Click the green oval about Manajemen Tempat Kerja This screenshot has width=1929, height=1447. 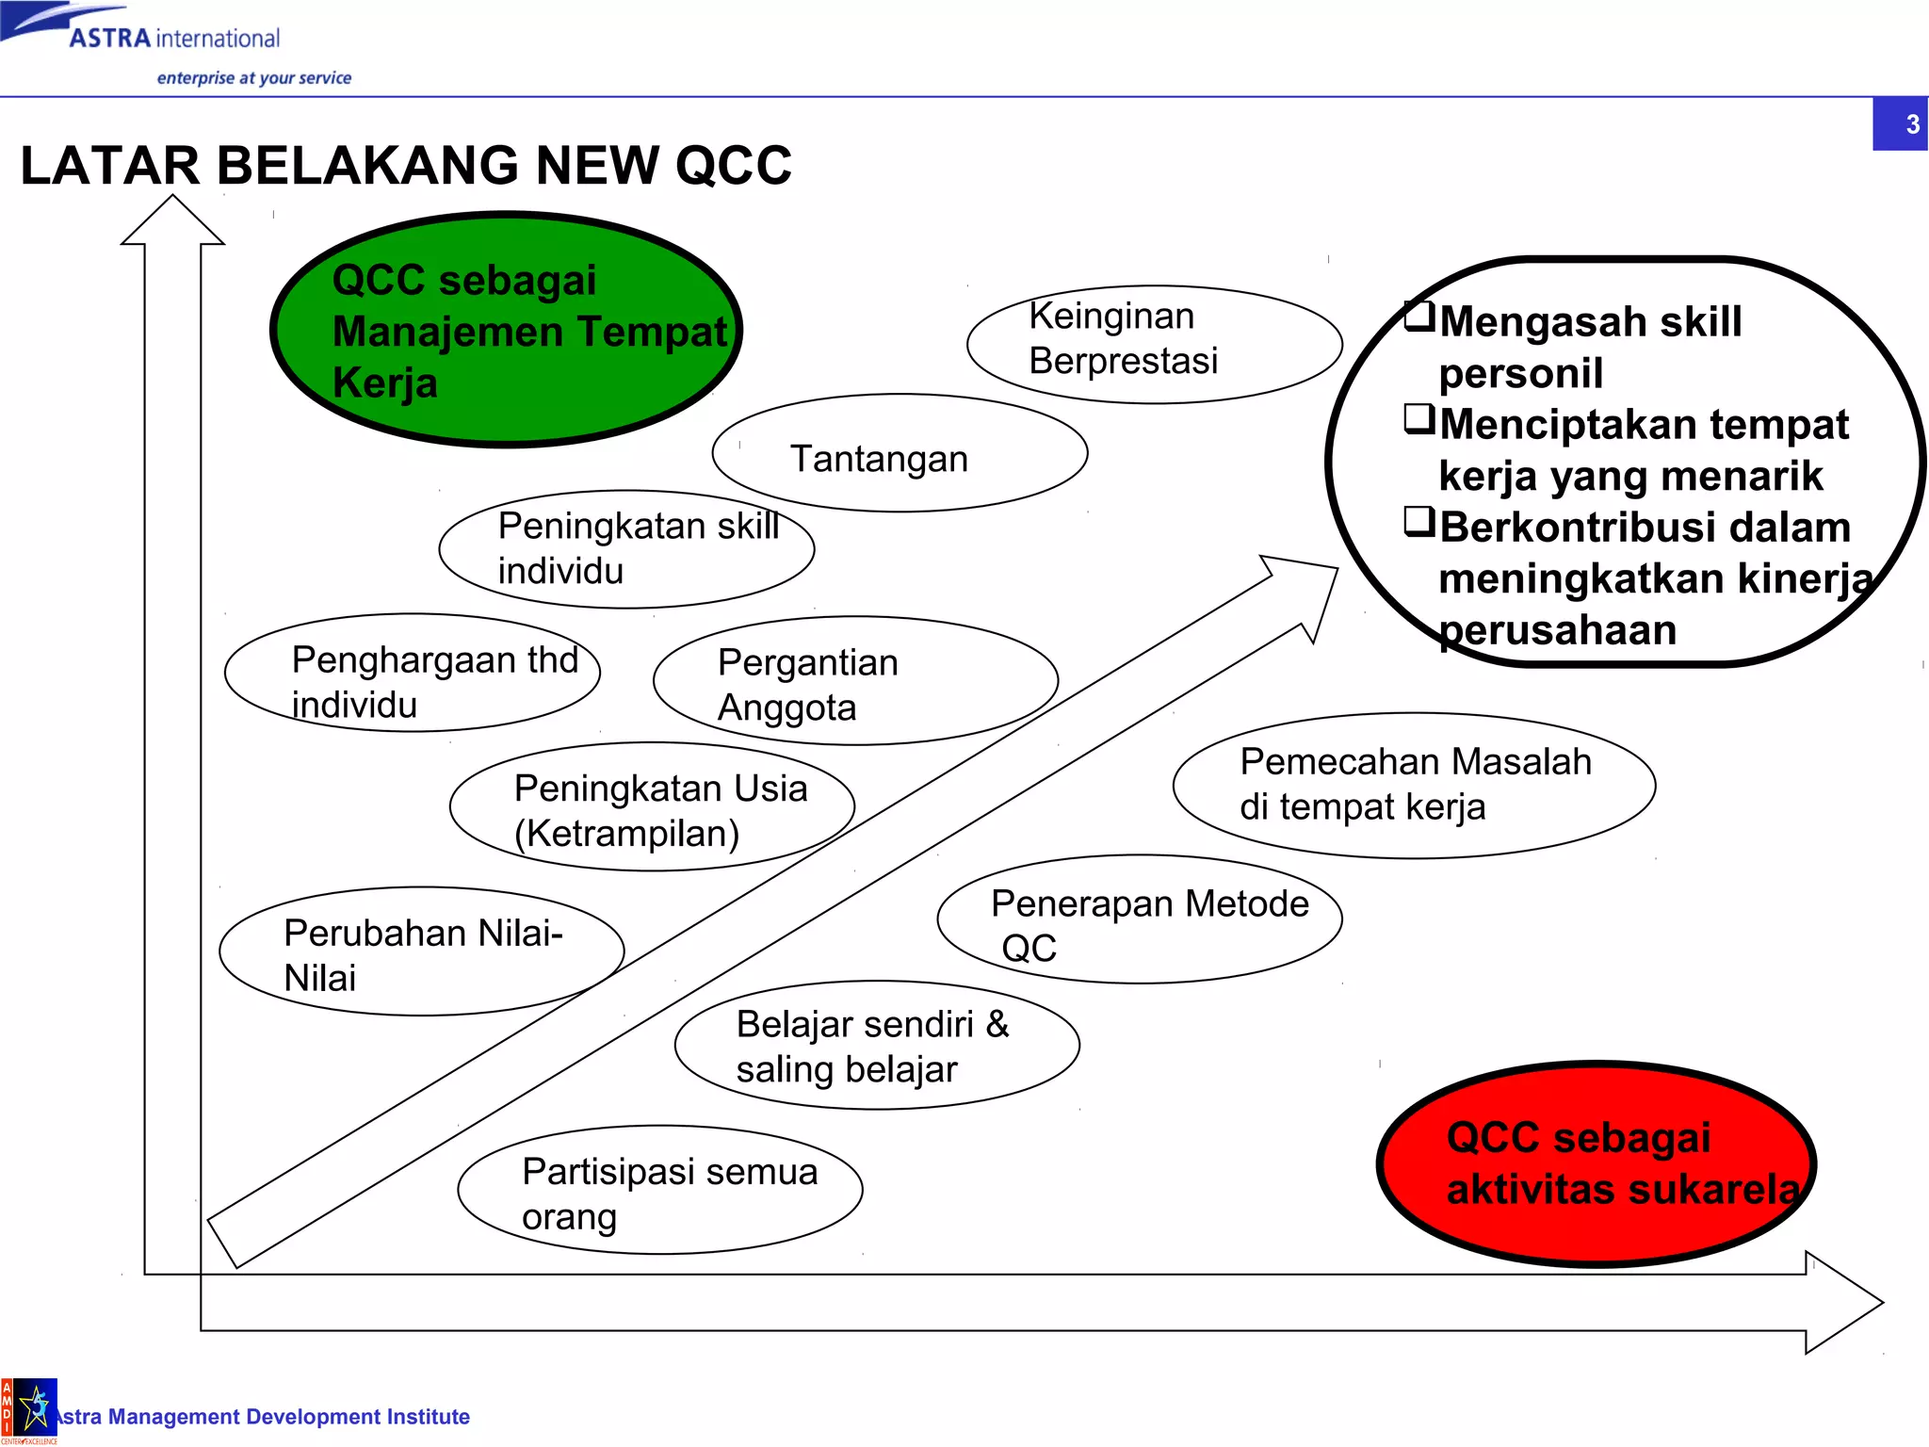[x=506, y=330]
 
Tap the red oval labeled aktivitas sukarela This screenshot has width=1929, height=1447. [x=1596, y=1164]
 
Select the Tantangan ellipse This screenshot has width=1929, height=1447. [x=900, y=453]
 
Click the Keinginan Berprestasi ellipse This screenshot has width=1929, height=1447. [x=1154, y=344]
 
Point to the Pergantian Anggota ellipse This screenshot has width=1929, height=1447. [x=855, y=681]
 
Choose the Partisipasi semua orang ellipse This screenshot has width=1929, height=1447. [x=659, y=1190]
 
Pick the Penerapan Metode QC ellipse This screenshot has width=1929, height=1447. [x=1139, y=919]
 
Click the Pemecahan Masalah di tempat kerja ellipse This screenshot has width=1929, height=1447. [x=1414, y=785]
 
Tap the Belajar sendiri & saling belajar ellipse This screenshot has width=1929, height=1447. [x=877, y=1045]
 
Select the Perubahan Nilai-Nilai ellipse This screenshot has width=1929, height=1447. [x=421, y=951]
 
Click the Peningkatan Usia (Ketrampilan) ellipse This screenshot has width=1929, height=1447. [x=652, y=807]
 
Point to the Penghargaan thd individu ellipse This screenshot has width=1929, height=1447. [x=412, y=673]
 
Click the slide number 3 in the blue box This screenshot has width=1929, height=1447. [x=1911, y=124]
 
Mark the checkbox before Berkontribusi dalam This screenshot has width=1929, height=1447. [x=1419, y=521]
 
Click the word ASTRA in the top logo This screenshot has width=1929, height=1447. [x=109, y=39]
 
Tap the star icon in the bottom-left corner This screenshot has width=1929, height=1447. [x=36, y=1407]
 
